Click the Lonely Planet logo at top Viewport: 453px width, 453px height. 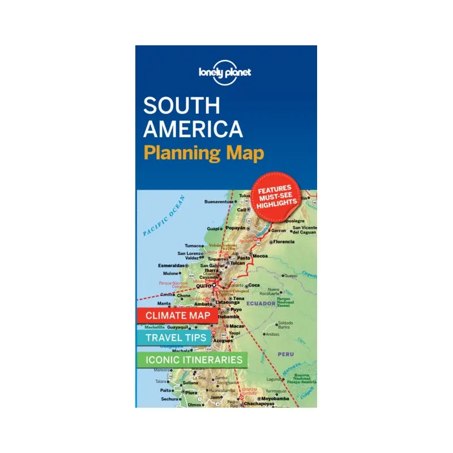225,72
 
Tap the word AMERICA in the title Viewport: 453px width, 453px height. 193,129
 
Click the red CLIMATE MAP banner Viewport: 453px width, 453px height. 178,315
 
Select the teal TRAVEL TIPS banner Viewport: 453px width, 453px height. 173,337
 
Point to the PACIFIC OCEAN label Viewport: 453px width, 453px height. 164,217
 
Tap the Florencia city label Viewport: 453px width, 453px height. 283,242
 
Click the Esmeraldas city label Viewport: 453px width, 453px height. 172,265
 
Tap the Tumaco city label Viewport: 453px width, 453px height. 194,246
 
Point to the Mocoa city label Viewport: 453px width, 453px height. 260,256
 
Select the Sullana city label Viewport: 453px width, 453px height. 190,383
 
